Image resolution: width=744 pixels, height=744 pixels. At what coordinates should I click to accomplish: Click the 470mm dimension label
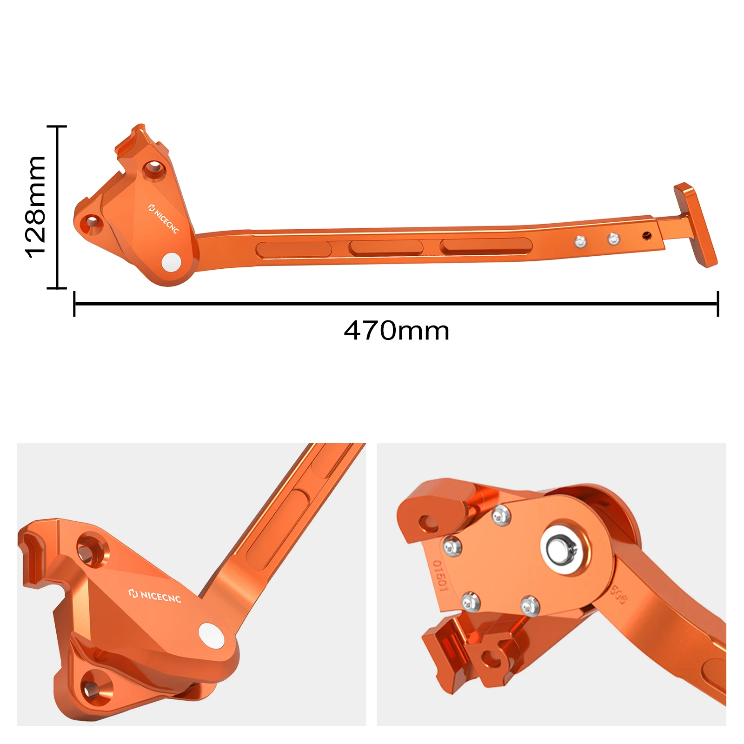click(x=396, y=331)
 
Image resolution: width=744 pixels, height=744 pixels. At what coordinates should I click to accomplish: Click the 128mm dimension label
click(x=35, y=207)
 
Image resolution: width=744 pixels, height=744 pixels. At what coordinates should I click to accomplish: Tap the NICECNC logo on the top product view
click(x=163, y=218)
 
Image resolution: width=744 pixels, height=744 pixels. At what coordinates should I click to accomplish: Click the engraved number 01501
click(x=440, y=576)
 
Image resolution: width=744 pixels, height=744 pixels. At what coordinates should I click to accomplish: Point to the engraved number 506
click(x=618, y=595)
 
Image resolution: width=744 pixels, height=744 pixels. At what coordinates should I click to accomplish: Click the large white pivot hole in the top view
click(x=171, y=262)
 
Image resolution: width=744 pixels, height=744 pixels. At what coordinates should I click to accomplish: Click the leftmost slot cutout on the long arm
click(x=293, y=250)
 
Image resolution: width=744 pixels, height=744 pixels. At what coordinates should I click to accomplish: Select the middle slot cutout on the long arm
click(x=385, y=247)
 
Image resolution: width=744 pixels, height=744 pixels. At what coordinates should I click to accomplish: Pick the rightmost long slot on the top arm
click(x=486, y=246)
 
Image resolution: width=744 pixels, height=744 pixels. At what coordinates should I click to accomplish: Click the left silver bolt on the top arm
click(x=580, y=241)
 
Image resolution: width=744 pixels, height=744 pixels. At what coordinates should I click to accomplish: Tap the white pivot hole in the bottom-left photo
click(x=211, y=635)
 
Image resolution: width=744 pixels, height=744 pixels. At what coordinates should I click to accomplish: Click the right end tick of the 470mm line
click(x=717, y=304)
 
